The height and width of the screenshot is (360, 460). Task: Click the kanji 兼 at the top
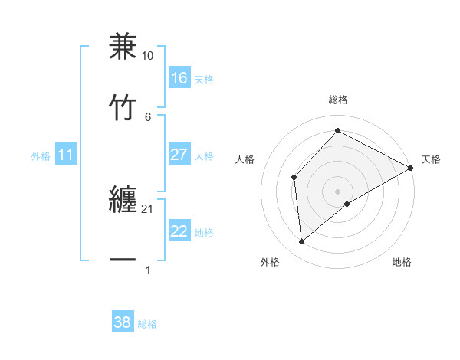click(x=123, y=47)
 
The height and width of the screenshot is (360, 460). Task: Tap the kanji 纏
click(x=123, y=201)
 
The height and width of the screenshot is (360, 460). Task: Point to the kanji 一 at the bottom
click(x=123, y=260)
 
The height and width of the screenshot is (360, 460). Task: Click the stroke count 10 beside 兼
click(x=148, y=57)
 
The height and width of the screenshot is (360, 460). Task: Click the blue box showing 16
click(x=179, y=78)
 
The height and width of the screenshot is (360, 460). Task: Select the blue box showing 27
click(x=179, y=155)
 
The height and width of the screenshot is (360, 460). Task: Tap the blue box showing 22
click(x=179, y=231)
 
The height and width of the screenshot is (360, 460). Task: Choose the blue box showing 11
click(x=66, y=155)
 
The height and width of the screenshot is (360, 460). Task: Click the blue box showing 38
click(x=123, y=322)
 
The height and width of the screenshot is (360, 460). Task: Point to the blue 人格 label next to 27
click(x=204, y=156)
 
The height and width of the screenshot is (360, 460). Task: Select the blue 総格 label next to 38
click(x=147, y=324)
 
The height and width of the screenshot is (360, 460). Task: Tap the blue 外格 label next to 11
click(x=41, y=156)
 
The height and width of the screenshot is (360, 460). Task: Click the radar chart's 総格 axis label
click(x=337, y=100)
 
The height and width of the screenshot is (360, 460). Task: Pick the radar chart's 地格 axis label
click(x=402, y=263)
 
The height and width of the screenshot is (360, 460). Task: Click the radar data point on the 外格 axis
click(x=302, y=242)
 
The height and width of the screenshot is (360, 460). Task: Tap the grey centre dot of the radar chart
click(x=337, y=191)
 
